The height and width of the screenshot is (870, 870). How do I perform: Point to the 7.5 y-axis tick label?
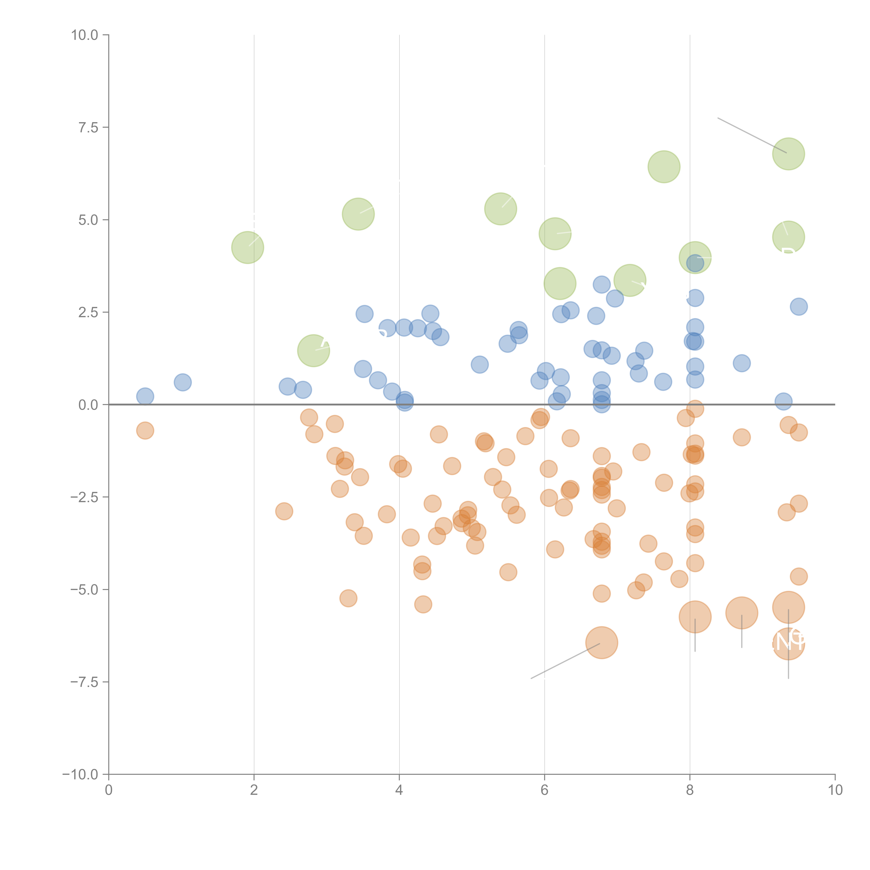[88, 127]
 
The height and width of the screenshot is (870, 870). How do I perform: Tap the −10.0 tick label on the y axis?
[80, 774]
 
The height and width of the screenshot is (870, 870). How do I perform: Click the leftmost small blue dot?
[145, 396]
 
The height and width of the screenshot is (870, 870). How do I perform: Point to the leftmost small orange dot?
[145, 430]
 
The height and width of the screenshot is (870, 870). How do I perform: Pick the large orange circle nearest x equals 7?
[602, 642]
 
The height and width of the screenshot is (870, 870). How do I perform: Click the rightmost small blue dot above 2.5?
[798, 307]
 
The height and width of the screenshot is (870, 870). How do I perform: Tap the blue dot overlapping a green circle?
[695, 263]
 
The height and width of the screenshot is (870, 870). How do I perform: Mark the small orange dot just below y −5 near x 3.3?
[348, 598]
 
